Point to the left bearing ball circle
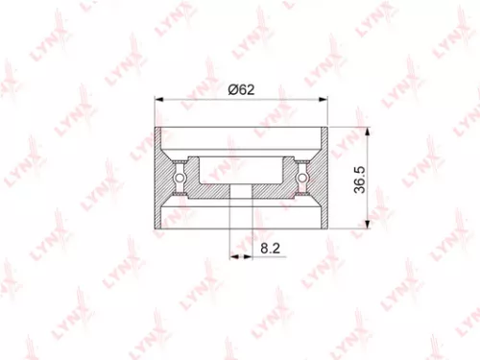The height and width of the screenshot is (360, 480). click(x=179, y=177)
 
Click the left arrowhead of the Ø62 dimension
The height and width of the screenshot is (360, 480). click(x=158, y=99)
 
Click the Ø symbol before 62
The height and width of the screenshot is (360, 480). click(x=231, y=89)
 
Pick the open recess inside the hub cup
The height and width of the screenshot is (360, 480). click(x=240, y=170)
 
